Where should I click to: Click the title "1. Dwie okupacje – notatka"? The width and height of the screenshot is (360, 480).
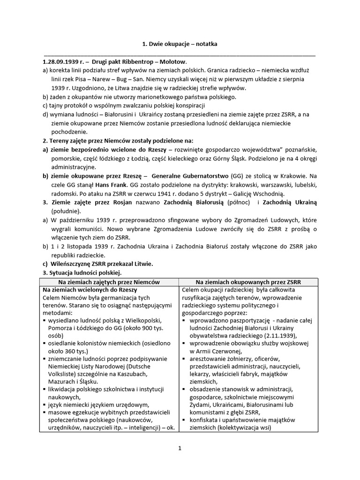[180, 44]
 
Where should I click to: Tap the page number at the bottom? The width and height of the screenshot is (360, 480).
[180, 448]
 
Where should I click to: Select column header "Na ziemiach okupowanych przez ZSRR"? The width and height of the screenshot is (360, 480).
[248, 282]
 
